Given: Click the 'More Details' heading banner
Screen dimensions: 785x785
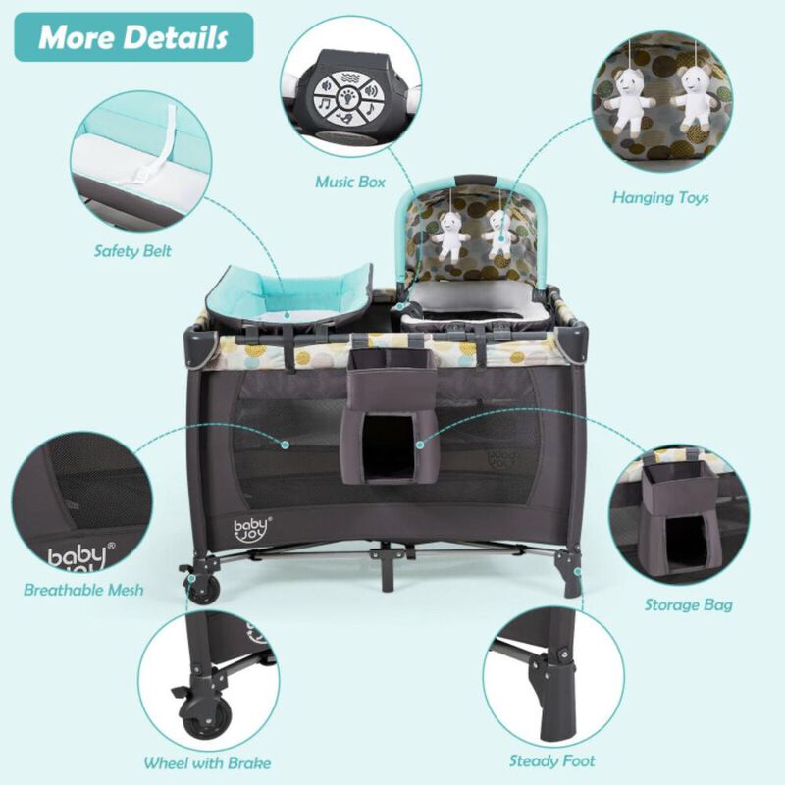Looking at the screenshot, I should click(x=133, y=37).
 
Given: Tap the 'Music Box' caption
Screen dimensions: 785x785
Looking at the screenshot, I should click(x=349, y=182).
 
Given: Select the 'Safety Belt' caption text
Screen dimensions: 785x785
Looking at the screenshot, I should click(x=132, y=251).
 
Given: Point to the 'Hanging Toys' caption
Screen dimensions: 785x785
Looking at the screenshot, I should click(x=660, y=197).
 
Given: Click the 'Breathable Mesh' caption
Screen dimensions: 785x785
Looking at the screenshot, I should click(x=83, y=590).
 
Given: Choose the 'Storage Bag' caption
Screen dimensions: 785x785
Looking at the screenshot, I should click(x=688, y=604).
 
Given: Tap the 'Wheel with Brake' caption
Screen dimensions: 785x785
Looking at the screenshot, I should click(x=207, y=762).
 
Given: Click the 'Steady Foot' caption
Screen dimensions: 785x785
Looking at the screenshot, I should click(x=551, y=759).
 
